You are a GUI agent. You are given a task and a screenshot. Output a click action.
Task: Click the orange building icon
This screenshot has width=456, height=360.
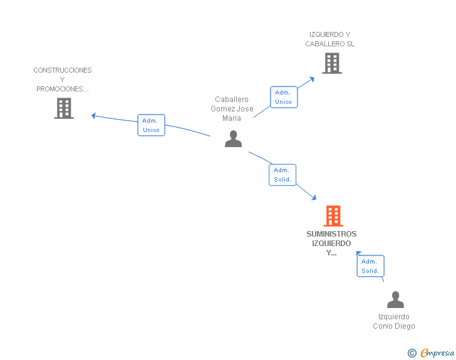[x=333, y=216]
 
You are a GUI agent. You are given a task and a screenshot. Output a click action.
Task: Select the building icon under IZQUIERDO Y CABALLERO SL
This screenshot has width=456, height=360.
[x=331, y=63]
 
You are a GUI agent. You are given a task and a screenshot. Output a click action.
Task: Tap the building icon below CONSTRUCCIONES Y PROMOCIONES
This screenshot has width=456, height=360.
[x=64, y=108]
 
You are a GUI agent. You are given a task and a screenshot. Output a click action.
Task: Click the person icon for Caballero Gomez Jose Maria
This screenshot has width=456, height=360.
[x=233, y=139]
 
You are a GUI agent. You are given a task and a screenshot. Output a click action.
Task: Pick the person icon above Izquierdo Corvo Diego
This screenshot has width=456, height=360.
[x=395, y=300]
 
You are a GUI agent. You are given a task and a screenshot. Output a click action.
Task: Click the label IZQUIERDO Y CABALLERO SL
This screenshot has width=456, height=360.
[x=330, y=39]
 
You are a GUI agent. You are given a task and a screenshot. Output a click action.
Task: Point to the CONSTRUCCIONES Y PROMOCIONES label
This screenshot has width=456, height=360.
[x=63, y=80]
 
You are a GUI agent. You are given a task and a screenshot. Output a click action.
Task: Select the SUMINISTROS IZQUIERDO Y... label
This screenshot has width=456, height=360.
[x=331, y=244]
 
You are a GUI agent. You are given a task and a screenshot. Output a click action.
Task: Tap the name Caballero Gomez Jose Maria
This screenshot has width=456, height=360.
[x=232, y=109]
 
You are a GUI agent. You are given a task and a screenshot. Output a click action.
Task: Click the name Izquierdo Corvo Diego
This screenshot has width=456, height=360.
[x=394, y=321]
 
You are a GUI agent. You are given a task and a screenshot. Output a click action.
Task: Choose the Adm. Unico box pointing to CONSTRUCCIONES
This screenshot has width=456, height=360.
[x=151, y=125]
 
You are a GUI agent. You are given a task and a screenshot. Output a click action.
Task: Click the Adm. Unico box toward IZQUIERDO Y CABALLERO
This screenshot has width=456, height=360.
[x=283, y=97]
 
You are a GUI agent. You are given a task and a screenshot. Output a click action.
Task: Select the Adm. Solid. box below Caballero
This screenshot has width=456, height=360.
[x=282, y=175]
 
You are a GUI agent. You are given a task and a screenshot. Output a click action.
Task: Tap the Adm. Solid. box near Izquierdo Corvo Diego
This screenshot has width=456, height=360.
[x=370, y=266]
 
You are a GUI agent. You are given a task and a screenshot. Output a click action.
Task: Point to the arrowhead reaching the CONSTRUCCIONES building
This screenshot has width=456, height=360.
[x=93, y=115]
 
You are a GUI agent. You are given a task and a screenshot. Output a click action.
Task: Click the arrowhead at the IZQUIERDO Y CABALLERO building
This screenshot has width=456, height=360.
[x=313, y=79]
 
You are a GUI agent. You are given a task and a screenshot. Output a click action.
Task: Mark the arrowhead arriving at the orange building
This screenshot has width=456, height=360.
[x=314, y=198]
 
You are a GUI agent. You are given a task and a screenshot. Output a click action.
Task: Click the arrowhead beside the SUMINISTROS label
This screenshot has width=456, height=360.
[x=359, y=252]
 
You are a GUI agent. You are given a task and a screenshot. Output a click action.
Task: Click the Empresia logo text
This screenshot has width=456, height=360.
[x=437, y=353]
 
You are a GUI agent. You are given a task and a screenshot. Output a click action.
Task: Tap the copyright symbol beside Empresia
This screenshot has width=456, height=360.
[x=412, y=353]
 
